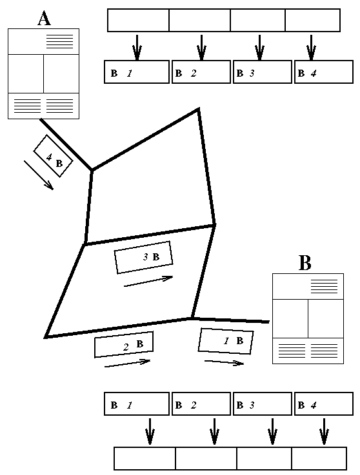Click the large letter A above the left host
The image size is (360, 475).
pos(44,18)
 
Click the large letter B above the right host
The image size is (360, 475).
pos(305,263)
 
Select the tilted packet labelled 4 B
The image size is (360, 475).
pos(53,156)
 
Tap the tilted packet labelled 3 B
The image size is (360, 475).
pos(143,257)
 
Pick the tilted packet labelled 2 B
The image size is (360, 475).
pos(124,344)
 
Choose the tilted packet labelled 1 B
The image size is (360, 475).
pos(226,341)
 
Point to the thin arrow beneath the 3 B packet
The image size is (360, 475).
pos(148,282)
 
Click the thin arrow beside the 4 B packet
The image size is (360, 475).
pos(39,175)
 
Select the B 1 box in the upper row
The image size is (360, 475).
pos(137,72)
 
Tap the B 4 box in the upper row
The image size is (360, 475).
pos(324,72)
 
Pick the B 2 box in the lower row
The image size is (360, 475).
pos(201,403)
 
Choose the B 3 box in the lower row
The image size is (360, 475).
pos(263,403)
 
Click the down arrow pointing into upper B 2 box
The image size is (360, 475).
pos(201,48)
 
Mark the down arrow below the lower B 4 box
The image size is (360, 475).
pos(325,431)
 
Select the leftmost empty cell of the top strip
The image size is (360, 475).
pos(138,20)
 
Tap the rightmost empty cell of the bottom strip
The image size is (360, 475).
pos(319,458)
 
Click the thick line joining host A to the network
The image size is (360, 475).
pos(66,144)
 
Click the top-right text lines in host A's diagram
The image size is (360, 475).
pos(60,41)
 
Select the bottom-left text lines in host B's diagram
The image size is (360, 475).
pos(292,351)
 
